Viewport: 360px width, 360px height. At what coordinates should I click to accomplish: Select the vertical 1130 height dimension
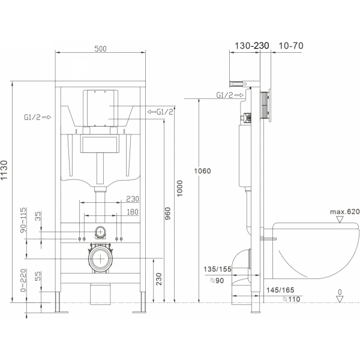pyautogui.click(x=7, y=170)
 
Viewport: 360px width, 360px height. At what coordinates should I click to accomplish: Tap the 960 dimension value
pyautogui.click(x=167, y=213)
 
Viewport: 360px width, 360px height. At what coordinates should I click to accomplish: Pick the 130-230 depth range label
pyautogui.click(x=244, y=44)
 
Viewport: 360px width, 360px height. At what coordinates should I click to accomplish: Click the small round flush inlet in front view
pyautogui.click(x=100, y=232)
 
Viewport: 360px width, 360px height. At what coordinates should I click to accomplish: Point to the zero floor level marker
pyautogui.click(x=340, y=293)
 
